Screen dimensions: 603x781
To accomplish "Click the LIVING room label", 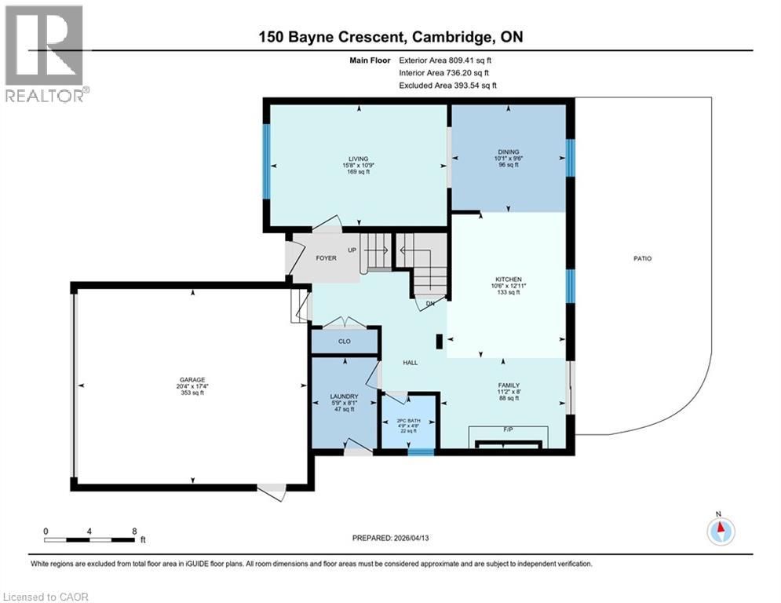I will [x=358, y=159].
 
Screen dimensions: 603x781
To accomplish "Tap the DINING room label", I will [x=509, y=152].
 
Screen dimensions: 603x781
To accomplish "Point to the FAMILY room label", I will [x=508, y=386].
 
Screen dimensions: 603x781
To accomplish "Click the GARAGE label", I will [x=192, y=380].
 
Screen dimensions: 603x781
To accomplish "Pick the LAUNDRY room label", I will [x=345, y=397].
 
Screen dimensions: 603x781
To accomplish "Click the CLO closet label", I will [x=345, y=342].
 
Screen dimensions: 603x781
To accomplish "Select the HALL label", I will [x=410, y=363].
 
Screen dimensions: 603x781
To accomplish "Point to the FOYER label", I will [x=327, y=258].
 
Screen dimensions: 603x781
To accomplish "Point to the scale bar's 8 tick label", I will [x=134, y=531].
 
